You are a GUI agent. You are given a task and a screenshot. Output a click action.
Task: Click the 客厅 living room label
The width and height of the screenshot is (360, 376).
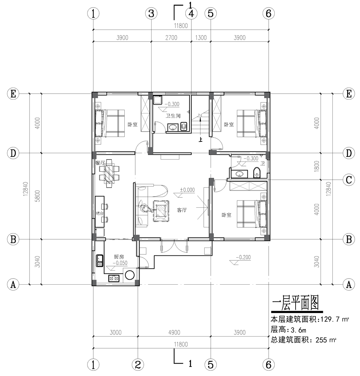182,210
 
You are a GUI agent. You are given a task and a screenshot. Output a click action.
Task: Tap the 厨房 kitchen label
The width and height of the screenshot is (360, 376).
119,257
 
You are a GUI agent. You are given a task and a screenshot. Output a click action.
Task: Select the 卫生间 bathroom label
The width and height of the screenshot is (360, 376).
173,116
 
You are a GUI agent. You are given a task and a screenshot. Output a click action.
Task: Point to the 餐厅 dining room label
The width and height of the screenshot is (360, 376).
100,163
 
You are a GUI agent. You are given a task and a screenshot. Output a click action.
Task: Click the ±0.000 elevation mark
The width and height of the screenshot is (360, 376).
187,190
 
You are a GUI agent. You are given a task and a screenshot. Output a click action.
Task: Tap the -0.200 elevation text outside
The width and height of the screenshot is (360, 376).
243,257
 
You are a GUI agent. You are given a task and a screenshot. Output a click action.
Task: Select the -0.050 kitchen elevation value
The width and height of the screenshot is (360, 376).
120,263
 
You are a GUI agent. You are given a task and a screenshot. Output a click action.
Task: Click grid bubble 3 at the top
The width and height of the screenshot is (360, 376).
151,13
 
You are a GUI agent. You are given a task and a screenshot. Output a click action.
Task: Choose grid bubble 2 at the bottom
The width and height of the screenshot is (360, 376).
138,365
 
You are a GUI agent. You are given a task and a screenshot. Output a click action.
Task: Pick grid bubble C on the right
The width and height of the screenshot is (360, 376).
349,180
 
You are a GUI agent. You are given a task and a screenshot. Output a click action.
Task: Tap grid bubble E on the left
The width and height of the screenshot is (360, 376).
13,94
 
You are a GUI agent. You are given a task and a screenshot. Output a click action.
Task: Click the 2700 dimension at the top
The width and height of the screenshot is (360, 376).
171,38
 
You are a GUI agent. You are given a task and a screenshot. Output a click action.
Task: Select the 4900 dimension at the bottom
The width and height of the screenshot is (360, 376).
174,332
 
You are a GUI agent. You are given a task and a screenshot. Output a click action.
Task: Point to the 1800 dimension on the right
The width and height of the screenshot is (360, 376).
317,166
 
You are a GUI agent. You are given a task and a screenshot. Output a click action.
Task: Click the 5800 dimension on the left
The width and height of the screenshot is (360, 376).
38,196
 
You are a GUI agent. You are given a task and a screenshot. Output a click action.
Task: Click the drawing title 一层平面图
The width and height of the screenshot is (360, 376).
295,303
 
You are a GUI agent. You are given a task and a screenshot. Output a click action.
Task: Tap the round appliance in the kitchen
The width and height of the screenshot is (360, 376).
130,275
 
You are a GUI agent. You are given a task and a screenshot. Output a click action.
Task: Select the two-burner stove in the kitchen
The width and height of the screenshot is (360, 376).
114,278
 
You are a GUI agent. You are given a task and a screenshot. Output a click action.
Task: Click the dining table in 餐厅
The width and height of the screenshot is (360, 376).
109,173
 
